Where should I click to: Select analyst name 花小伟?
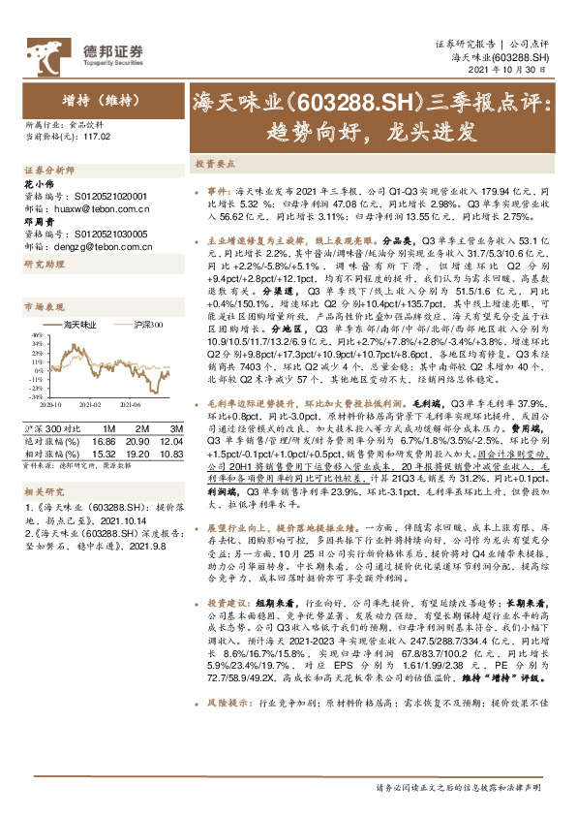[x=36, y=183]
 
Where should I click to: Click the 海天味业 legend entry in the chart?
[x=83, y=324]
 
